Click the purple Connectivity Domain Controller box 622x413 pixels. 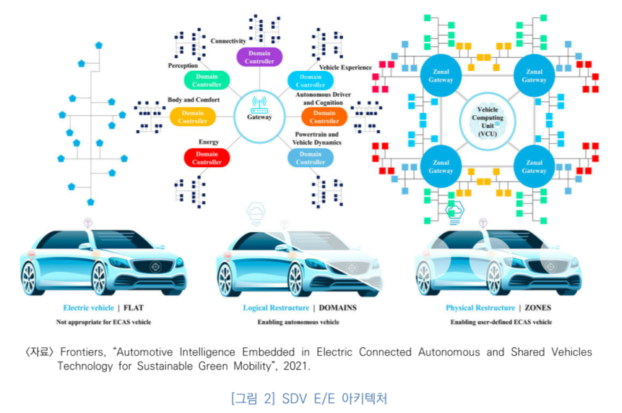click(259, 57)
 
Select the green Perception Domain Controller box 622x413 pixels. click(207, 81)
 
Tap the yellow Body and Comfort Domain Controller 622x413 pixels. click(193, 116)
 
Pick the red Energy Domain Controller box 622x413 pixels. click(207, 158)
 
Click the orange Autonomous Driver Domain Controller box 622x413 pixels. click(324, 116)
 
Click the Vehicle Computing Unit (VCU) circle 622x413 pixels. click(488, 120)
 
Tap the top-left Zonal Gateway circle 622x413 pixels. click(441, 75)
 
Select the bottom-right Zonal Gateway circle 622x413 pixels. click(534, 166)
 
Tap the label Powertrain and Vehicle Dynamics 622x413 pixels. click(316, 138)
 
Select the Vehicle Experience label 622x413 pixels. click(345, 68)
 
